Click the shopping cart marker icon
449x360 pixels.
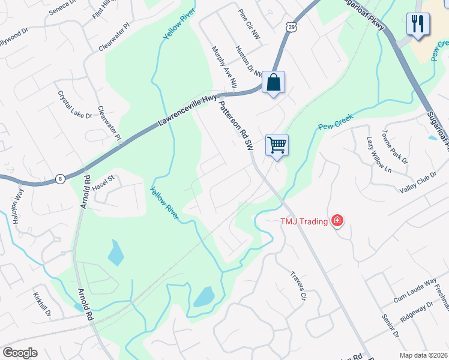point(277,144)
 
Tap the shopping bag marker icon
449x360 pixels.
point(273,82)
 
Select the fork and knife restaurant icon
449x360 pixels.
point(418,24)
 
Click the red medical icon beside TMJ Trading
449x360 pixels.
point(337,221)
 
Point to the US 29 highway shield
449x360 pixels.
point(291,27)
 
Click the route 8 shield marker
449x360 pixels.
point(60,178)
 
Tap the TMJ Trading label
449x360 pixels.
point(304,222)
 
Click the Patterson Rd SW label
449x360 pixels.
point(235,125)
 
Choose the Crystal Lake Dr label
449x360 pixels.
point(75,105)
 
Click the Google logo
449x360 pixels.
point(20,353)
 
